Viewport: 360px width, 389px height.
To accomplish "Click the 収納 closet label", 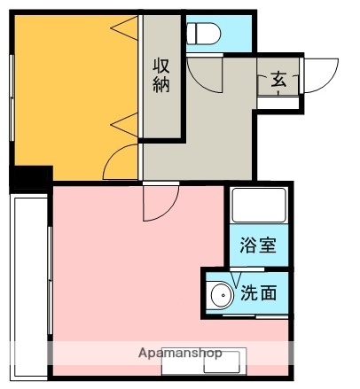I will coord(161,74).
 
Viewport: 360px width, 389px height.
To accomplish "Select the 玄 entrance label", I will coord(278,81).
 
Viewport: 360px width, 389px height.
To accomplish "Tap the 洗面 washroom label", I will coord(262,291).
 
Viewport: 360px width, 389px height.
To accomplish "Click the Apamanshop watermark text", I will coord(180,353).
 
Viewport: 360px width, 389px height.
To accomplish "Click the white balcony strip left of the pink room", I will coord(28,284).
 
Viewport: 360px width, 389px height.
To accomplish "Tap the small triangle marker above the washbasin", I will coord(236,279).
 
